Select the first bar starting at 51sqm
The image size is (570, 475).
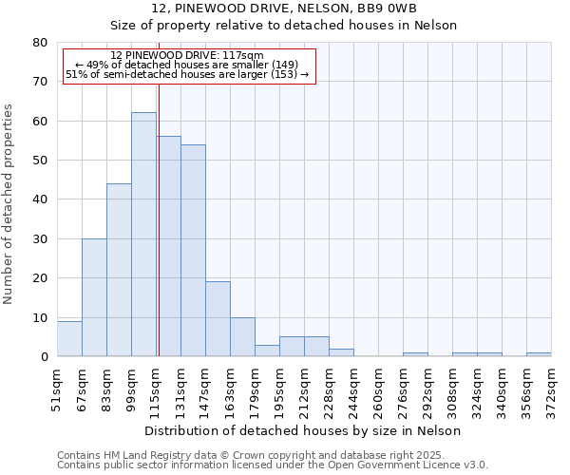point(69,339)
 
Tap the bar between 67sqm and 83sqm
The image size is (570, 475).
point(94,297)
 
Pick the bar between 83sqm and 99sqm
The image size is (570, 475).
point(119,270)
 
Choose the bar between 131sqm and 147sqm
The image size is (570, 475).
point(193,251)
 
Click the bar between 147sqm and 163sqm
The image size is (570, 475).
point(218,319)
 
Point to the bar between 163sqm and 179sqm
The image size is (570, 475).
point(242,337)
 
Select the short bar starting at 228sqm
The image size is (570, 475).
point(341,352)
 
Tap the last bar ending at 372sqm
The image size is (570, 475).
point(539,354)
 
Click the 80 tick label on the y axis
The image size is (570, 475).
point(40,43)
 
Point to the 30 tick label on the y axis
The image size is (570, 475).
point(40,239)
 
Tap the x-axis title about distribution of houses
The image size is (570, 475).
point(303,430)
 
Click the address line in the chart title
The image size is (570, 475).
point(284,9)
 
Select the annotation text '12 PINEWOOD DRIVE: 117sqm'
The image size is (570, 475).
point(187,56)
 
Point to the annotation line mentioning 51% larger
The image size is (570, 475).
point(187,74)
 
